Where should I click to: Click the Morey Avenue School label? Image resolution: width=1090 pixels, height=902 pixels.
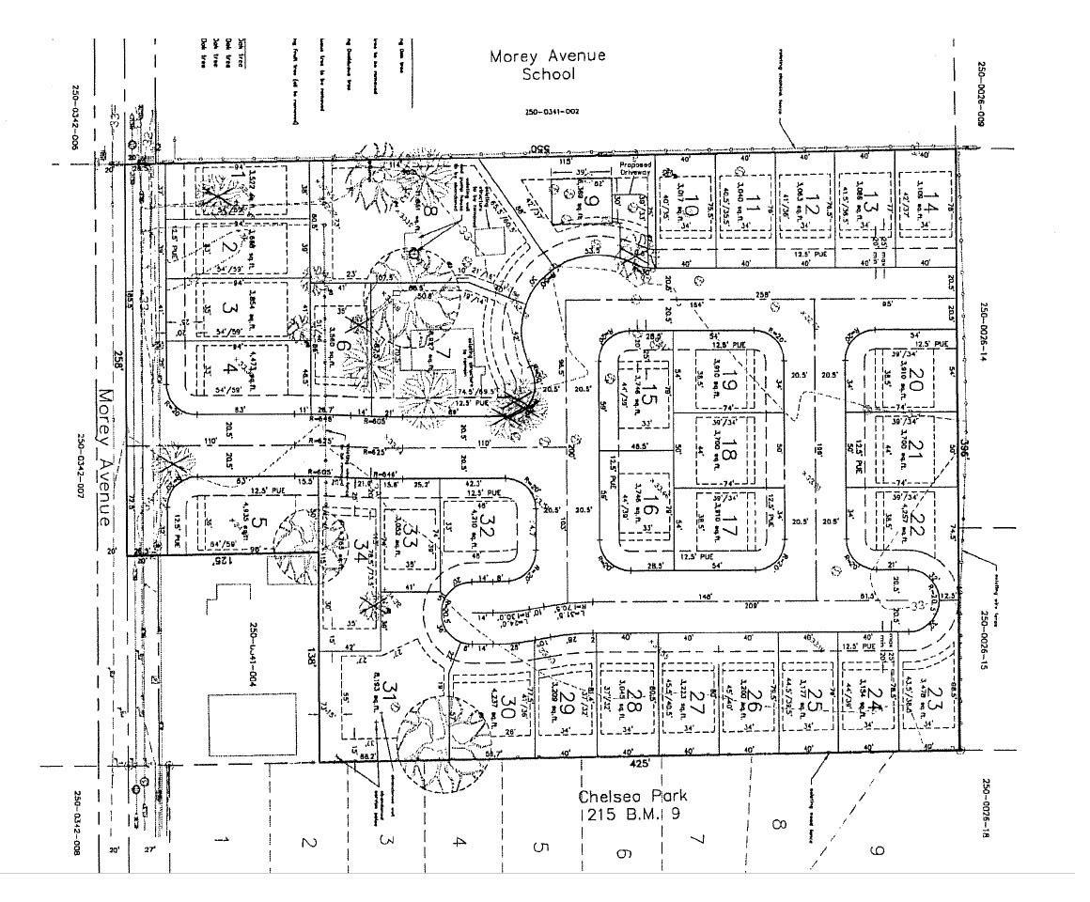547,65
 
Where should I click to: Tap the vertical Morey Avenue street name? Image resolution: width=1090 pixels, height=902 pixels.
106,458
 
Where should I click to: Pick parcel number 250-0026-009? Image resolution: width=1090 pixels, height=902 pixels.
981,94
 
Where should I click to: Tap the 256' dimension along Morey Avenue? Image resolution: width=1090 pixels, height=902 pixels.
118,358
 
